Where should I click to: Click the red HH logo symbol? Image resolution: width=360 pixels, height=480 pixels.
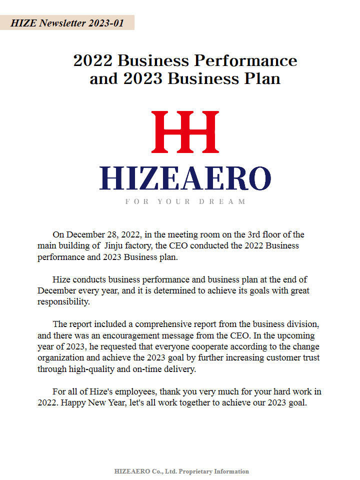(x=185, y=132)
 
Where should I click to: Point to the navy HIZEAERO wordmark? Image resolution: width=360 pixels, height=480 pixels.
(x=185, y=178)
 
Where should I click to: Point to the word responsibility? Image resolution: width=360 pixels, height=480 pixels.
(x=63, y=301)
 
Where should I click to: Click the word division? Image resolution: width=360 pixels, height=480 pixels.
(x=298, y=324)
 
